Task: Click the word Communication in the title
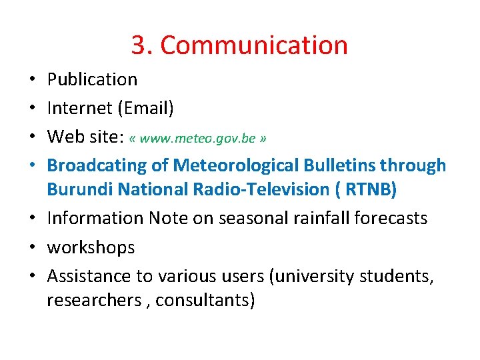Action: click(254, 45)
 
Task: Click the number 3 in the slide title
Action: click(139, 45)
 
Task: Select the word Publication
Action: click(92, 79)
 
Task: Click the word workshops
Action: click(91, 248)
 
